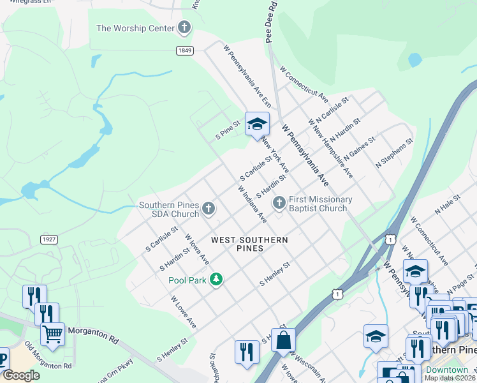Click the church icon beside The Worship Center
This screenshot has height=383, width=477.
[184, 27]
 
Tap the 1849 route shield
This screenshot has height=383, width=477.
[184, 49]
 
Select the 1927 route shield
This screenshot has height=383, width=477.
[48, 239]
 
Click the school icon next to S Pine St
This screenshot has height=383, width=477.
[257, 124]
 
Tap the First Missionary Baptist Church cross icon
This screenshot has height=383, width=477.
[279, 203]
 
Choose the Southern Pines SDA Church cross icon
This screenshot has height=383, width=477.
[209, 208]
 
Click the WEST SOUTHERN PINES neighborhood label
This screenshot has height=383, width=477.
[249, 244]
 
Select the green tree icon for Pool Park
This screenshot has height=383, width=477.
[217, 280]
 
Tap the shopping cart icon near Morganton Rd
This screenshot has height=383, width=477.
[53, 333]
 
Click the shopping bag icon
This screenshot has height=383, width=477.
[283, 340]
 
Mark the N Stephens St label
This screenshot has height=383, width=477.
[394, 153]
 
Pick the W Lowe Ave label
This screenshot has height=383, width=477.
[183, 312]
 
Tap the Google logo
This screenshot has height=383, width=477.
[21, 375]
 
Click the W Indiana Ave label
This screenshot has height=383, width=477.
[252, 204]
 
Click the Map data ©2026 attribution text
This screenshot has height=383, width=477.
[449, 378]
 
